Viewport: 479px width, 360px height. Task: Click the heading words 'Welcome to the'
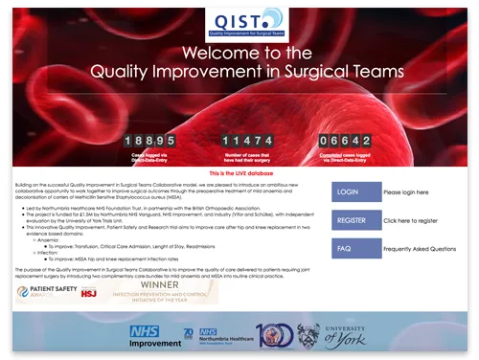[x=240, y=53]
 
